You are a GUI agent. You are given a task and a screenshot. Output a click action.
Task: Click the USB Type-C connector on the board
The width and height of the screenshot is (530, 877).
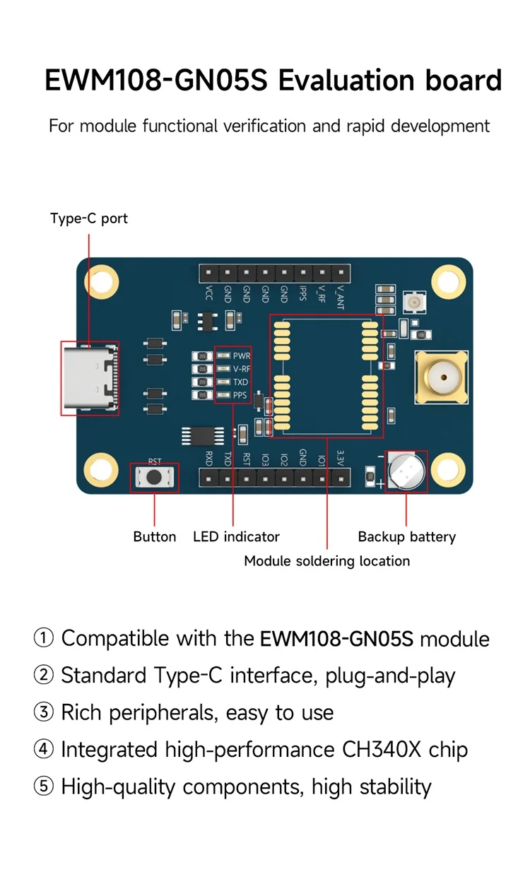click(x=90, y=378)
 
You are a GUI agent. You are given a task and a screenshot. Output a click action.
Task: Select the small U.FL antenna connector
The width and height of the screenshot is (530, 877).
click(x=411, y=303)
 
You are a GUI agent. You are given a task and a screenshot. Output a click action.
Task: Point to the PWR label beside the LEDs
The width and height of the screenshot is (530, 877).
click(x=242, y=355)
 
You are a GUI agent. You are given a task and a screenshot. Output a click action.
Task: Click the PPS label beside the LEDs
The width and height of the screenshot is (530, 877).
click(x=240, y=395)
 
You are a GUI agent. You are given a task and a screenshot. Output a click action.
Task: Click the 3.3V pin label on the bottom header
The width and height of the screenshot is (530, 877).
click(x=341, y=460)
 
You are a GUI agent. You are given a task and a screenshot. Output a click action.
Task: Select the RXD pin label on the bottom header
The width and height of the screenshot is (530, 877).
click(x=209, y=458)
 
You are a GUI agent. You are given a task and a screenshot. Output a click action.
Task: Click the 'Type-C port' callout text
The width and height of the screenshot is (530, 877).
click(x=89, y=218)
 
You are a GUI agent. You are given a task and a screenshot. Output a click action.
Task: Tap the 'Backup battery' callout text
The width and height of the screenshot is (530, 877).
click(x=406, y=537)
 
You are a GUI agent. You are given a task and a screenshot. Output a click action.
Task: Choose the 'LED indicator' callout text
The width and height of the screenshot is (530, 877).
click(x=236, y=537)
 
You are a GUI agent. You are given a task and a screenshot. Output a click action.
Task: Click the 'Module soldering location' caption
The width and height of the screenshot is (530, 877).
click(x=326, y=561)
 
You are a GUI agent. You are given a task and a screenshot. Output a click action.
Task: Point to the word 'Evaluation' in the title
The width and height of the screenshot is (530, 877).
click(x=346, y=81)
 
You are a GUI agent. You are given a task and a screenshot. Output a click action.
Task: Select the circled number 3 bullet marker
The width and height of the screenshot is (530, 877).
click(x=44, y=712)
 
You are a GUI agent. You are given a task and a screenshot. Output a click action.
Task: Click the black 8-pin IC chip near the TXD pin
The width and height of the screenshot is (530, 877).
click(x=203, y=436)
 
